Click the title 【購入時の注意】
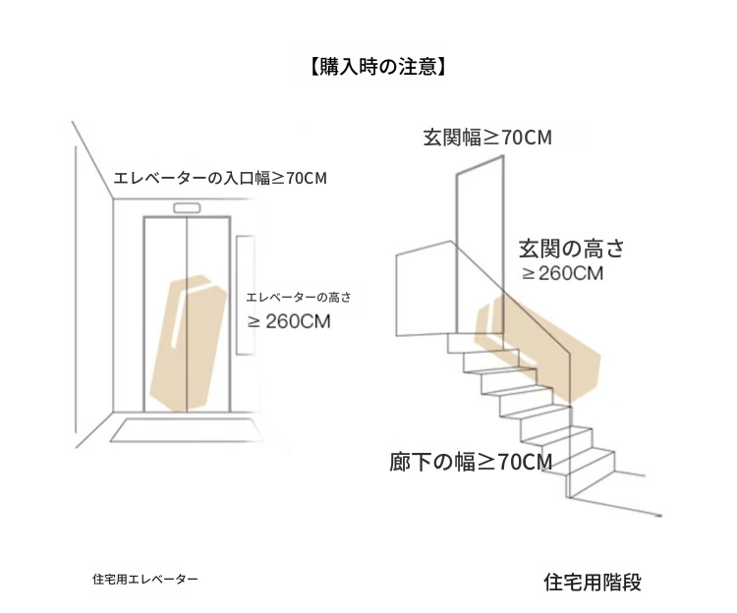point(377,67)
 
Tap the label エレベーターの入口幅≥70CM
point(220,179)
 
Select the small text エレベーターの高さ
point(299,298)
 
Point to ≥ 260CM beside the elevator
point(289,322)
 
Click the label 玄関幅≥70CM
point(487,138)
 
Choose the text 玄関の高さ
point(571,249)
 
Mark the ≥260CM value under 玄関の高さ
point(563,273)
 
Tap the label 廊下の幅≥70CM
point(471,462)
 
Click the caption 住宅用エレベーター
point(145,580)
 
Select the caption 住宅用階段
point(593,583)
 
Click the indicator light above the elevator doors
point(187,208)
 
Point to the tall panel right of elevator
point(246,295)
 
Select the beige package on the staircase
point(538,350)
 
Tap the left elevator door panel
point(165,313)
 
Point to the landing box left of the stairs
point(425,289)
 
